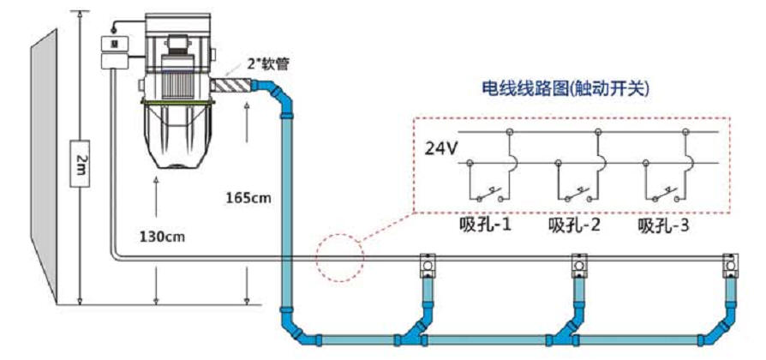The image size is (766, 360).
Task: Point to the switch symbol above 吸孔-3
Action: click(665, 189)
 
